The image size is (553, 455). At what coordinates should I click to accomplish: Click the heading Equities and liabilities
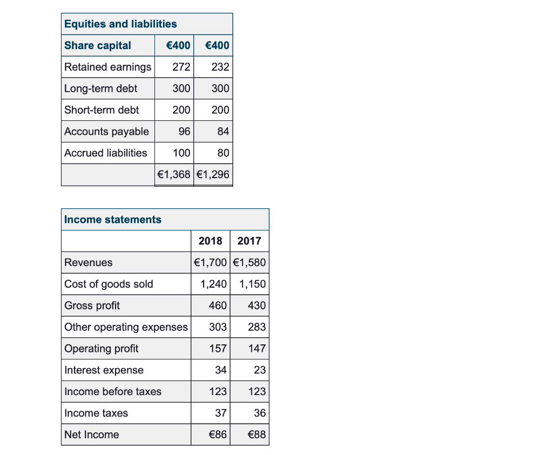coord(120,24)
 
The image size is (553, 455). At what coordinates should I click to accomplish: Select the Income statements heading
coord(113,219)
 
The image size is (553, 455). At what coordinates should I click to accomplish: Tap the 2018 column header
coord(210,241)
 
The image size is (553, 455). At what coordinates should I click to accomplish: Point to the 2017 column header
coord(249,241)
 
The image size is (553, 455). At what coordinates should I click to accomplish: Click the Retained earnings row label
coord(107,67)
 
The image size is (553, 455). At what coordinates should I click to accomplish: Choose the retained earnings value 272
coord(181,67)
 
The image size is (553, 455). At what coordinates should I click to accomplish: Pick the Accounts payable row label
coord(106,132)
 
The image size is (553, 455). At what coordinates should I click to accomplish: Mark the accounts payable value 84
coord(223,132)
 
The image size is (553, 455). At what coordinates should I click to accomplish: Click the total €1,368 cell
coord(174,174)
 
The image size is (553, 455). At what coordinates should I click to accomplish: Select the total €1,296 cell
coord(213,174)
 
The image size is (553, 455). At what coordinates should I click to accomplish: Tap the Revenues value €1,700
coord(211,262)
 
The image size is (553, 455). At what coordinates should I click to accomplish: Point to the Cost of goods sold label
coord(109,284)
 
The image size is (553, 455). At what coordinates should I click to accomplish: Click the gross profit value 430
coord(257,305)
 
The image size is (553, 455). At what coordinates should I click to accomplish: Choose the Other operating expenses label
coord(126,327)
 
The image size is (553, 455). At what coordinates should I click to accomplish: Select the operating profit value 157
coord(218,349)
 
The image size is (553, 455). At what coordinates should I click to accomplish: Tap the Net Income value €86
coord(218,435)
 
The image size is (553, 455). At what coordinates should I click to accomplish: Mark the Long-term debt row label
coord(100,89)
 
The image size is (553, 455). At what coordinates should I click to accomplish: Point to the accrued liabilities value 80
coord(223,153)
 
